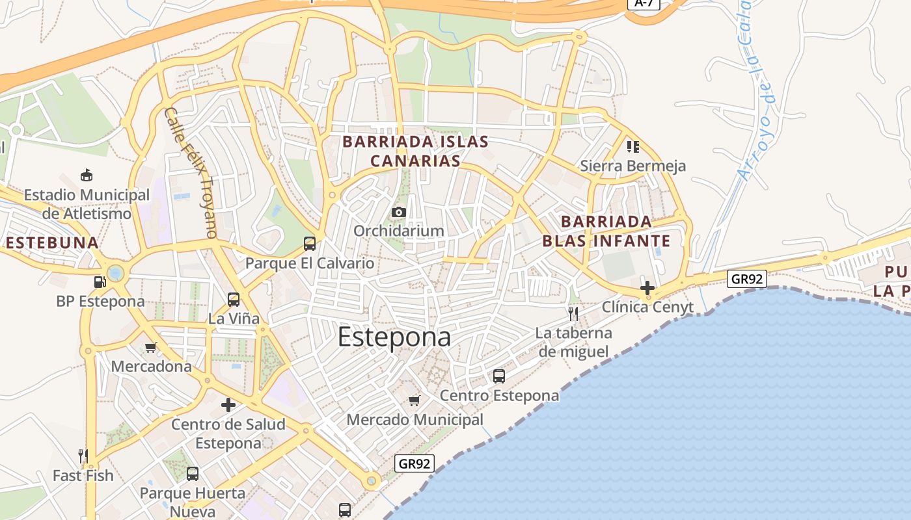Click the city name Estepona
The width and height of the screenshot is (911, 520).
coord(394,337)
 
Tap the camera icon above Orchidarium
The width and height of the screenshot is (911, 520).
coord(399,212)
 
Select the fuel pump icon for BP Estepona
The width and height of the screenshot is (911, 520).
coord(100,281)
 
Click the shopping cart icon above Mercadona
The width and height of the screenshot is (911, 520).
coord(151,347)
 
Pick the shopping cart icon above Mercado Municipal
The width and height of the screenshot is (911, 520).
coord(415,400)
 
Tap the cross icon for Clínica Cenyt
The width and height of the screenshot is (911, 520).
coord(647,287)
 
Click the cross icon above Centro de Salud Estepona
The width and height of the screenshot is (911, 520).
coord(228,405)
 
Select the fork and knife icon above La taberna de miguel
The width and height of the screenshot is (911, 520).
coord(573,314)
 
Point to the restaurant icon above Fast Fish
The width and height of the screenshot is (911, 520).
coord(83,456)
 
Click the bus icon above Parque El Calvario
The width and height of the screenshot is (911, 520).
coord(310,244)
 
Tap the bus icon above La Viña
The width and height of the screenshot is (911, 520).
coord(234,300)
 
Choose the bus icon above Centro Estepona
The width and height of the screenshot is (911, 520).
coord(499,376)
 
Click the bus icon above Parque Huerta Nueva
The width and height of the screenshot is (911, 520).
coord(193,474)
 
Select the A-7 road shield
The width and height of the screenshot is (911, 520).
coord(644,3)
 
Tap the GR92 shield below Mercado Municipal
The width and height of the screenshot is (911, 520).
coord(415,463)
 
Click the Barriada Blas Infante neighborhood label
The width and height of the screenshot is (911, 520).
coord(606,231)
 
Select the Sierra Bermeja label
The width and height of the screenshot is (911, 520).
coord(632,166)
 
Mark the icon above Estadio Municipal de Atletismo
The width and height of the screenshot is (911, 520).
coord(86,175)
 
